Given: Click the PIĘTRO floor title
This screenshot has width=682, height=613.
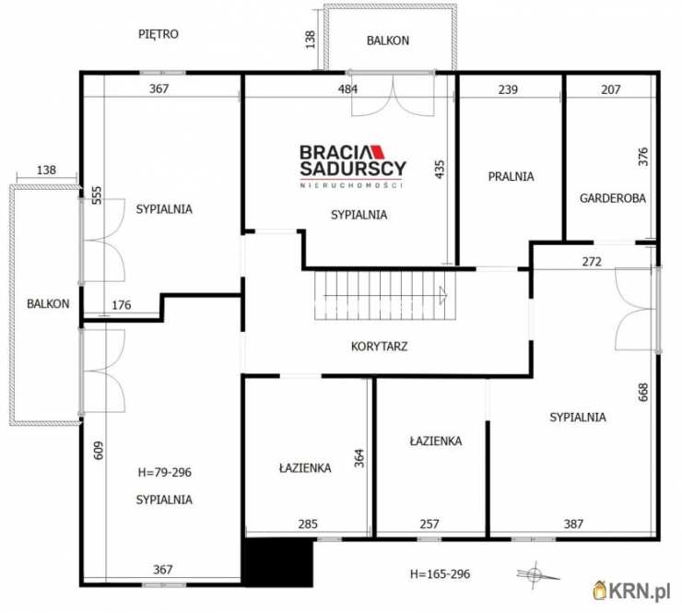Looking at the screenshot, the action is coord(159,34).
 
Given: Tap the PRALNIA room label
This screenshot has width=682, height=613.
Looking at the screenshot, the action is coord(511,177).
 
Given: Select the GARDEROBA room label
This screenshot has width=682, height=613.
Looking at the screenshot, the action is coord(612,198).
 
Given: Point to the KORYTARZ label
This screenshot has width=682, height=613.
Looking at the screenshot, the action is coord(380,347).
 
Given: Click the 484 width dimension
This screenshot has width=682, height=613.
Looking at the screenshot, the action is coord(348,89).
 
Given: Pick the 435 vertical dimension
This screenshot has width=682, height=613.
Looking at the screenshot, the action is coord(440,170).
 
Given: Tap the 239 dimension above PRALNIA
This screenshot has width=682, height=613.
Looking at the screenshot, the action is coord(508,89).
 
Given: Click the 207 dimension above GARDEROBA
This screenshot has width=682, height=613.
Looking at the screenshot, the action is coord(611,89).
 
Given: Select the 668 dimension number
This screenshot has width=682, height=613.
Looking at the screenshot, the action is coord(643,392).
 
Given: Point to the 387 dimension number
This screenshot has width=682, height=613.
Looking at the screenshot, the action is coord(573,524).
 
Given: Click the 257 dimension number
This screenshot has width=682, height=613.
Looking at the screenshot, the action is coord(429,524).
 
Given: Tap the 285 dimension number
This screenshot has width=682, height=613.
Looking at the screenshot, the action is coord(308,524).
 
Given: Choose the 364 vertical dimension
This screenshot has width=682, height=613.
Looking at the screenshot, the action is coord(359,458).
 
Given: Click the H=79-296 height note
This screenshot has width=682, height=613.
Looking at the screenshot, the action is coord(164,472).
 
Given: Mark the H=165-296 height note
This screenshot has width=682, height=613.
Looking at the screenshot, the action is coord(441,574).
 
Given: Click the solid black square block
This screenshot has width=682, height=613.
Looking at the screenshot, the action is coord(279,563).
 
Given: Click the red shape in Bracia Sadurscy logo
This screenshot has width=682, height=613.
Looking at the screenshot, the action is coord(379,152).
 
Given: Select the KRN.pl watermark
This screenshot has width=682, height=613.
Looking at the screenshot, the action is coord(631,592).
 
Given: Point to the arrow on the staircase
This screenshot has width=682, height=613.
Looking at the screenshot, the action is coord(443,295).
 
